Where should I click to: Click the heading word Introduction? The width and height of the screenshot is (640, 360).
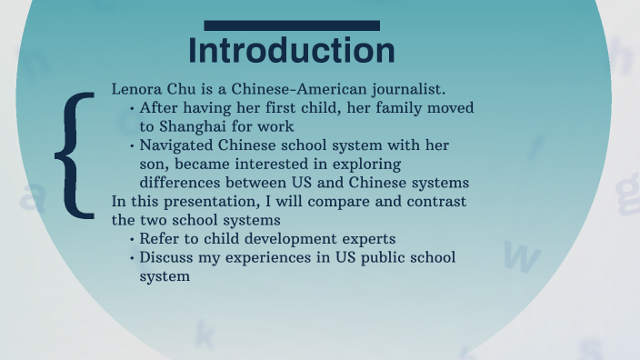point(292,51)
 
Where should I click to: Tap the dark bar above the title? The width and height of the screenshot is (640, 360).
point(292,25)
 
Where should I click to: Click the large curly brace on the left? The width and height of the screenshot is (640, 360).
point(76,155)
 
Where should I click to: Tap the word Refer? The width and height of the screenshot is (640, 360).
point(160,239)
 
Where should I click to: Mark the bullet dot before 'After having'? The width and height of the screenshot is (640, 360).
point(132,108)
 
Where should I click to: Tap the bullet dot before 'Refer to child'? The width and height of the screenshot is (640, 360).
point(132,240)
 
